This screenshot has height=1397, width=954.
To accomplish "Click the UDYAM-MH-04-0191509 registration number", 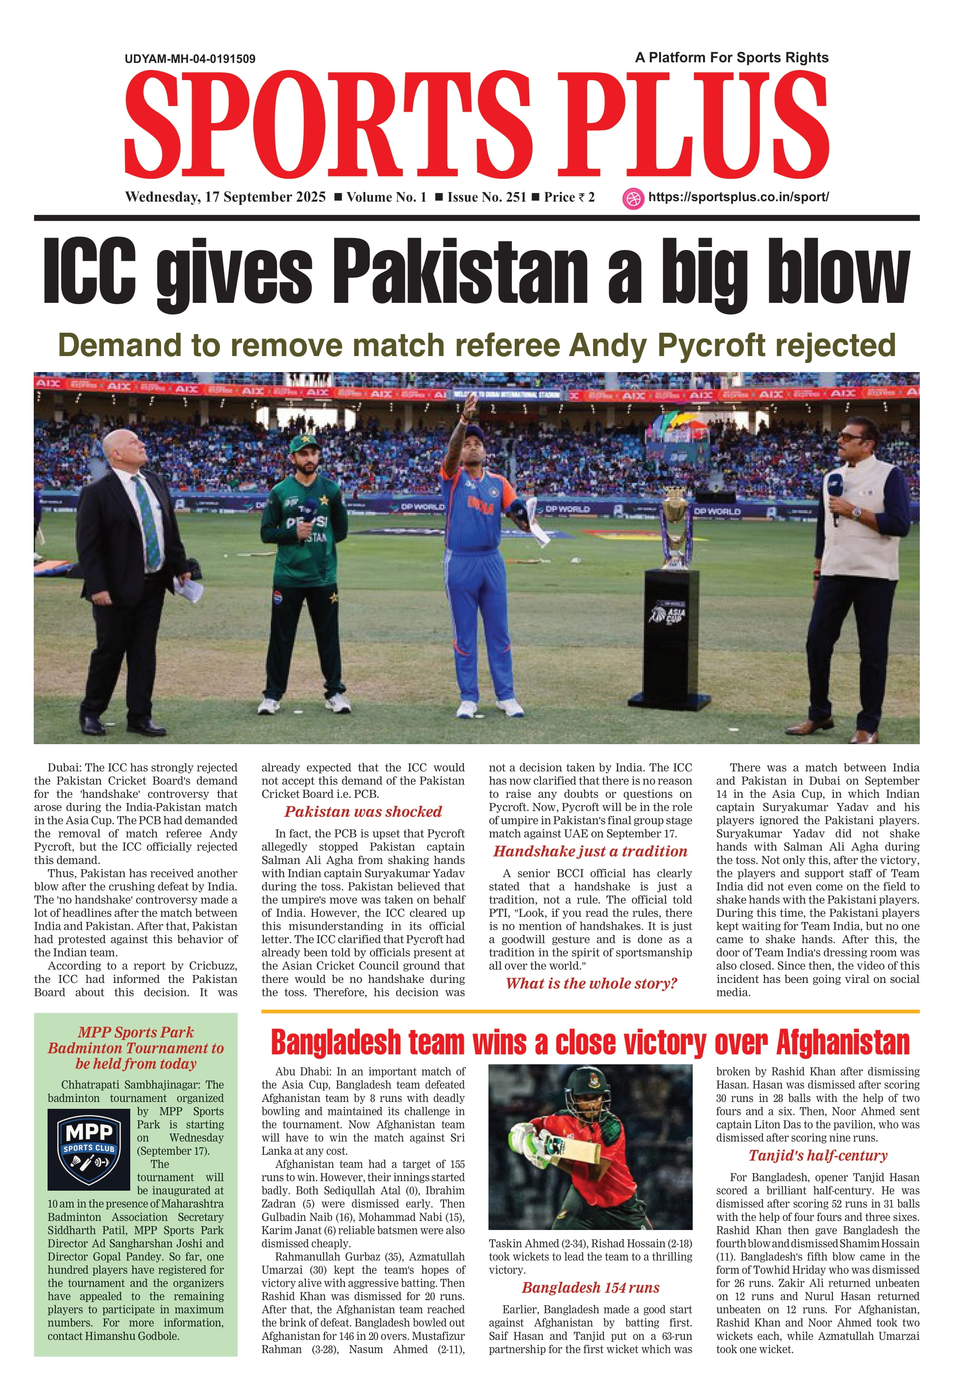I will coord(190,59).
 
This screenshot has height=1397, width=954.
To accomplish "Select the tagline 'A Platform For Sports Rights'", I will coord(732,58).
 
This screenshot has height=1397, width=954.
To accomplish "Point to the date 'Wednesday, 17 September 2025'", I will coord(225,197).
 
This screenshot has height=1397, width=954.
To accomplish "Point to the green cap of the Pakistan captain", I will coord(304,446).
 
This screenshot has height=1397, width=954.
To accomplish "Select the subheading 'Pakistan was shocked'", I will coord(363,812).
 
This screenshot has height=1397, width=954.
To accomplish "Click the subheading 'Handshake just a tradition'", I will coord(590,851).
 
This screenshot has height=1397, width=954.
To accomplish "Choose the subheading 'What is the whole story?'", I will coord(591,983).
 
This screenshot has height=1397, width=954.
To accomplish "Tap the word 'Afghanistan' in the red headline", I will coord(842,1043).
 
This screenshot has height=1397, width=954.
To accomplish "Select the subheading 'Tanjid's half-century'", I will coord(818,1155).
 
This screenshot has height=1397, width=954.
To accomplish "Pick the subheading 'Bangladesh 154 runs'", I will coord(590,1288).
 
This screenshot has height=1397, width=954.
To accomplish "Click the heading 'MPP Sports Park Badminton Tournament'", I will coord(136,1048).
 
